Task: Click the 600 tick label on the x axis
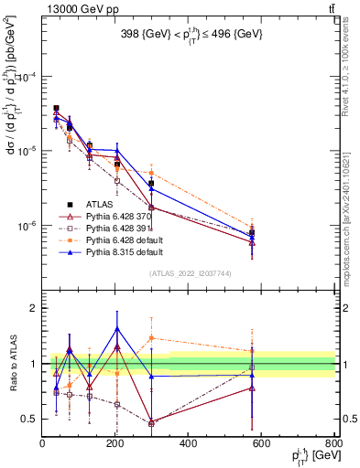click(x=261, y=444)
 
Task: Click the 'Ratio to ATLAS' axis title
click(x=11, y=363)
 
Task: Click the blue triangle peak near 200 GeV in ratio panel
click(x=116, y=328)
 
